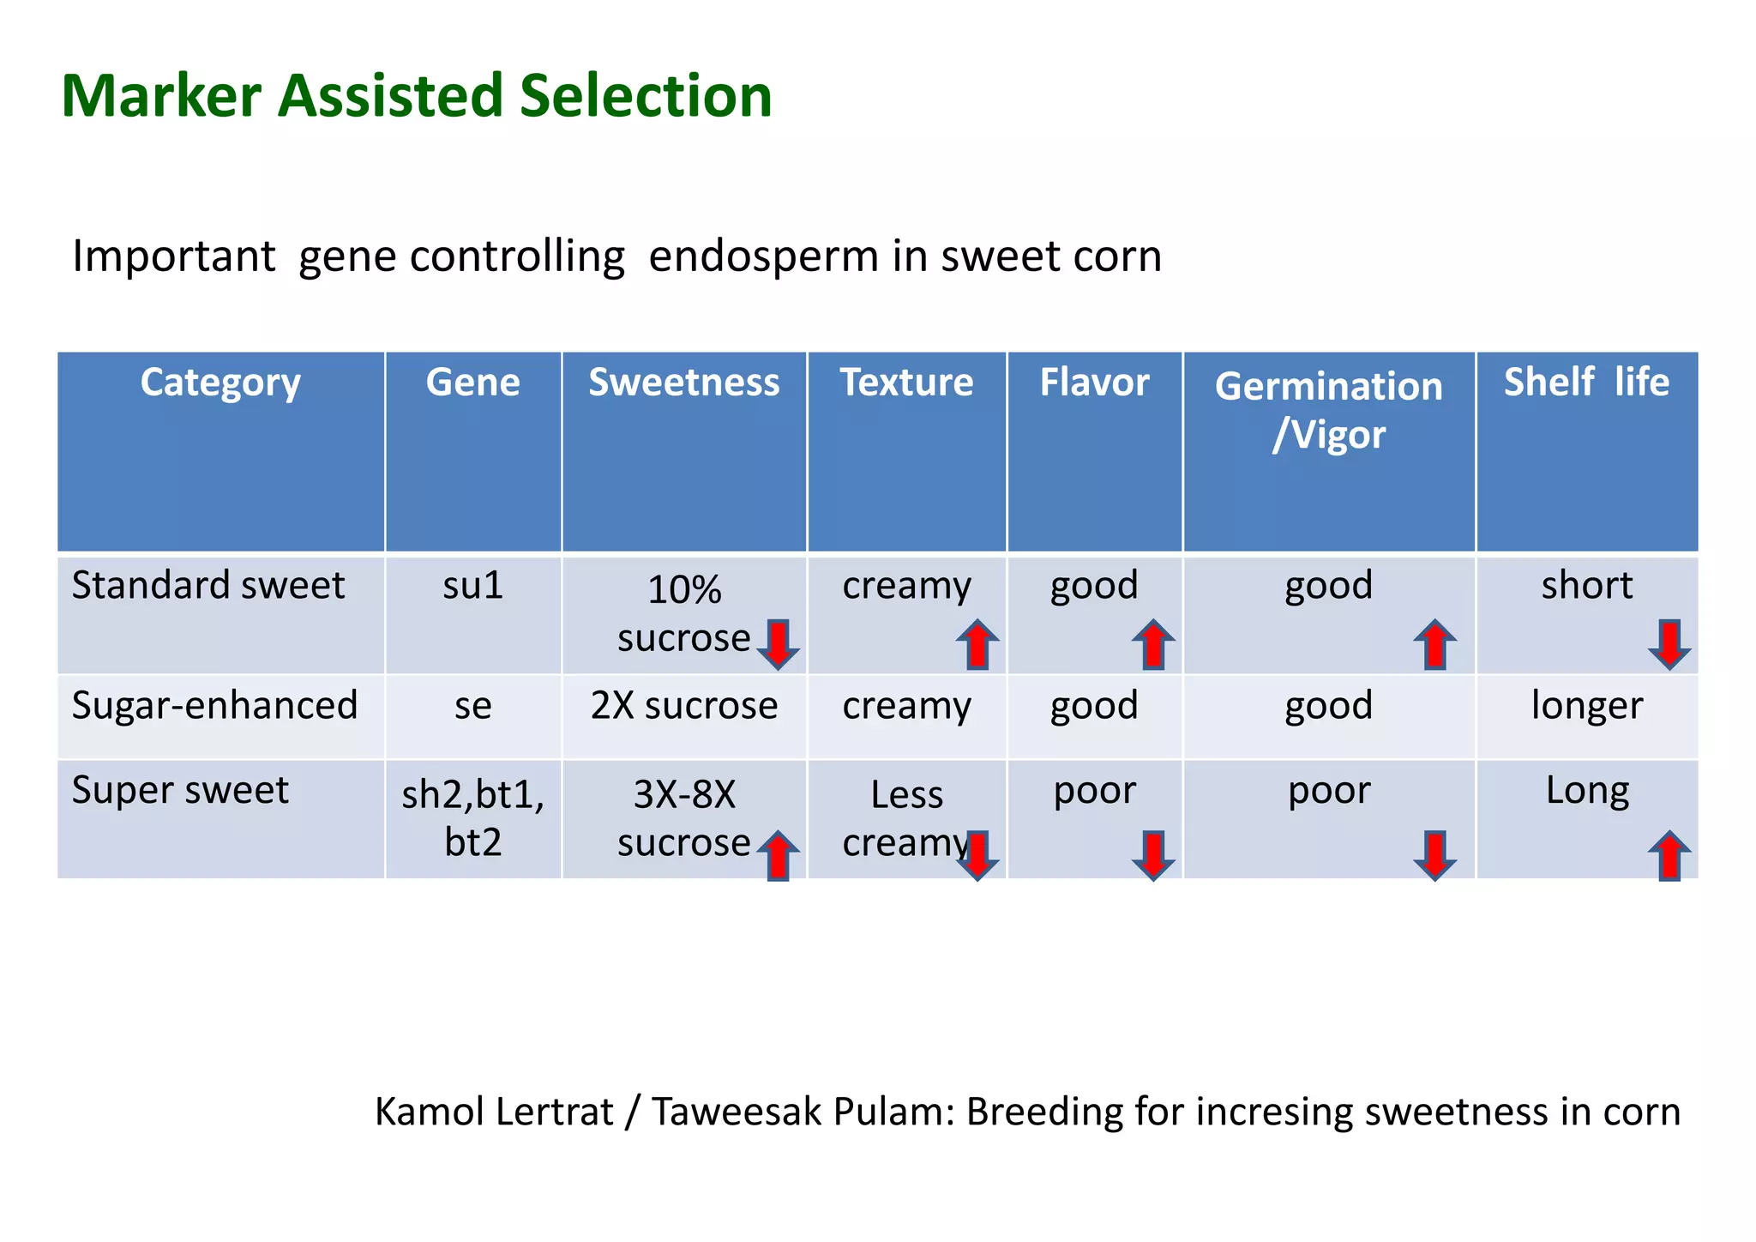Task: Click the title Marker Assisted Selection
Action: (x=417, y=95)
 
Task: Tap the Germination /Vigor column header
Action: (x=1328, y=410)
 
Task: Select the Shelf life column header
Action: (x=1586, y=382)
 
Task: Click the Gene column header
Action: (x=472, y=382)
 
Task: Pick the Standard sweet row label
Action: (x=207, y=586)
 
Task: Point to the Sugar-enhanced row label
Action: (x=214, y=706)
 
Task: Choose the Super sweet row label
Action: (x=180, y=790)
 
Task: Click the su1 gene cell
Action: (x=472, y=586)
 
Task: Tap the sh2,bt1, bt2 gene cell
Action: (x=472, y=817)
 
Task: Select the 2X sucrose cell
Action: (x=683, y=706)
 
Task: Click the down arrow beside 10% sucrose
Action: (x=778, y=644)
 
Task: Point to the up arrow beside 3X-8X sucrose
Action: (x=778, y=855)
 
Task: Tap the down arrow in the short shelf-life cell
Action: (x=1669, y=644)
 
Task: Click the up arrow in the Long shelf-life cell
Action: (x=1669, y=855)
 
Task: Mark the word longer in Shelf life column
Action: (x=1586, y=706)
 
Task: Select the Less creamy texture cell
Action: (x=906, y=817)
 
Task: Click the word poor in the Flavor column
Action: (x=1094, y=790)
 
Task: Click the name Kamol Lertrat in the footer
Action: (x=494, y=1112)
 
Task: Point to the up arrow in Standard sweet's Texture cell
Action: (x=977, y=644)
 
